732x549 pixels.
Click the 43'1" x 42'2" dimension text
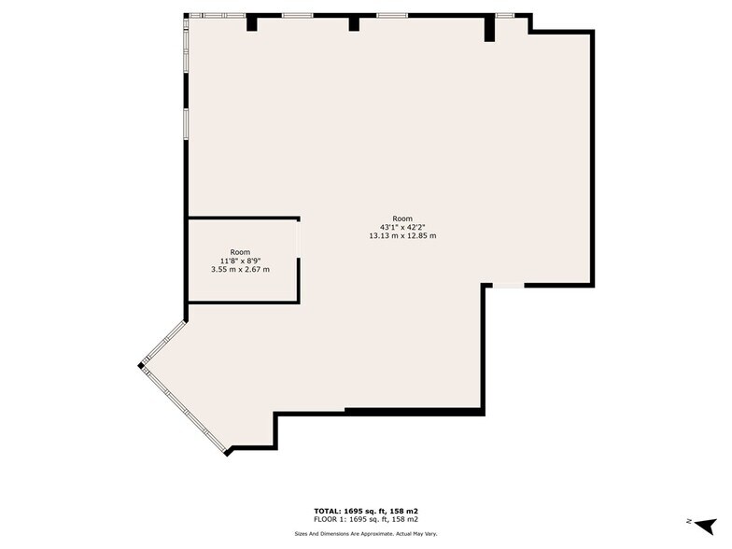[x=402, y=228]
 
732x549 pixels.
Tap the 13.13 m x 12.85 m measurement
[x=402, y=235]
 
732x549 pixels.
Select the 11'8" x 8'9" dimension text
[x=240, y=261]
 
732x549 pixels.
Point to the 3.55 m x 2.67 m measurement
[x=240, y=269]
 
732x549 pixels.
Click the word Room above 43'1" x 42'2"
[x=402, y=218]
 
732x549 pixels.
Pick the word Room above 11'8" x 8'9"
[x=240, y=252]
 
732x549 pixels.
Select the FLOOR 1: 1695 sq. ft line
[x=366, y=519]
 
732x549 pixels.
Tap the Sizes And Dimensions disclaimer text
[x=366, y=534]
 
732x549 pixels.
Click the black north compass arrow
[x=706, y=525]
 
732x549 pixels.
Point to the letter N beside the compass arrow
[x=689, y=521]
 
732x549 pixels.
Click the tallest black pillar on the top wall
[x=489, y=28]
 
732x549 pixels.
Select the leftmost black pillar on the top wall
[x=252, y=22]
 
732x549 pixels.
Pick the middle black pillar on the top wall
[x=354, y=22]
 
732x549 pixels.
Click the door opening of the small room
[x=298, y=239]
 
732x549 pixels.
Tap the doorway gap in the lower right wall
[x=508, y=285]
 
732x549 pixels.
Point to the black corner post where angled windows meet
[x=141, y=365]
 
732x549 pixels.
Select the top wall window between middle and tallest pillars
[x=392, y=15]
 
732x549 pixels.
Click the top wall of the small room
[x=244, y=218]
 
